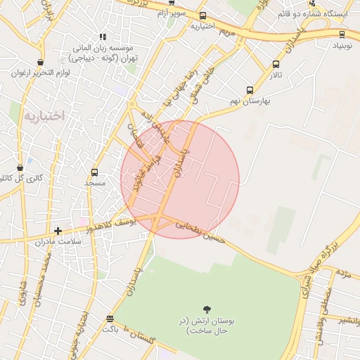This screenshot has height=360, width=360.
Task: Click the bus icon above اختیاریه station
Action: pos(203,15)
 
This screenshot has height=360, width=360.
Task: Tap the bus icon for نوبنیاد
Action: pos(342,34)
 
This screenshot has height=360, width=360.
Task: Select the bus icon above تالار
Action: pos(275,64)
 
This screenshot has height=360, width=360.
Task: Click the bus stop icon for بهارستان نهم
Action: pos(250,90)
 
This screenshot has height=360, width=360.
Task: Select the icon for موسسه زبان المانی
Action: pos(103,37)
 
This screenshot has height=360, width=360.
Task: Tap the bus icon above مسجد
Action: pos(94,172)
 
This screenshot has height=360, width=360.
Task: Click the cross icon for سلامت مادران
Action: pos(58,231)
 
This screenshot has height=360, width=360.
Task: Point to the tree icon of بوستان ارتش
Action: pos(207,309)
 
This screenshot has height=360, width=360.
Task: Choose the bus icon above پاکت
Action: pos(109,318)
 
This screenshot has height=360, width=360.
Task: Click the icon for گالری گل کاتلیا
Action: pos(19,168)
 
